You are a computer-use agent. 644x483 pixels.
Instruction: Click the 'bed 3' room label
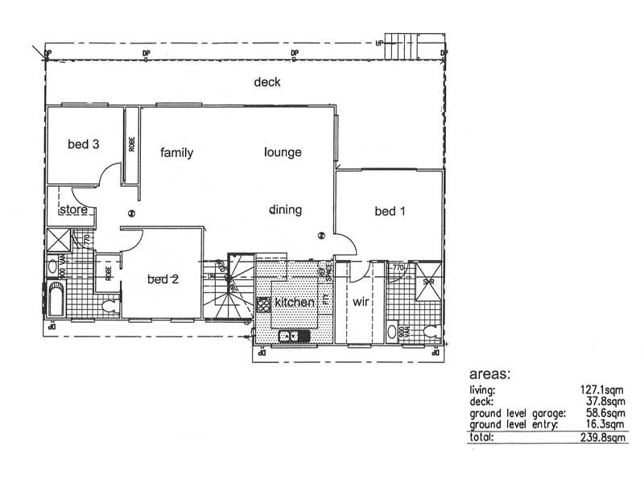tap(83, 145)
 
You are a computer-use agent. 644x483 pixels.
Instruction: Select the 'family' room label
tap(176, 153)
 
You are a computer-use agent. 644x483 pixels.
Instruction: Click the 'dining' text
tap(285, 210)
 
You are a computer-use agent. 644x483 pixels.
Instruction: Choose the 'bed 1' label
tap(390, 212)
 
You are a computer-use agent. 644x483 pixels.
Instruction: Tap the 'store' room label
tap(73, 211)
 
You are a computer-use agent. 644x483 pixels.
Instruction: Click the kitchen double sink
tap(289, 336)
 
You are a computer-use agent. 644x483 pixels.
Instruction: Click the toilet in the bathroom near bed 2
tap(111, 304)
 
